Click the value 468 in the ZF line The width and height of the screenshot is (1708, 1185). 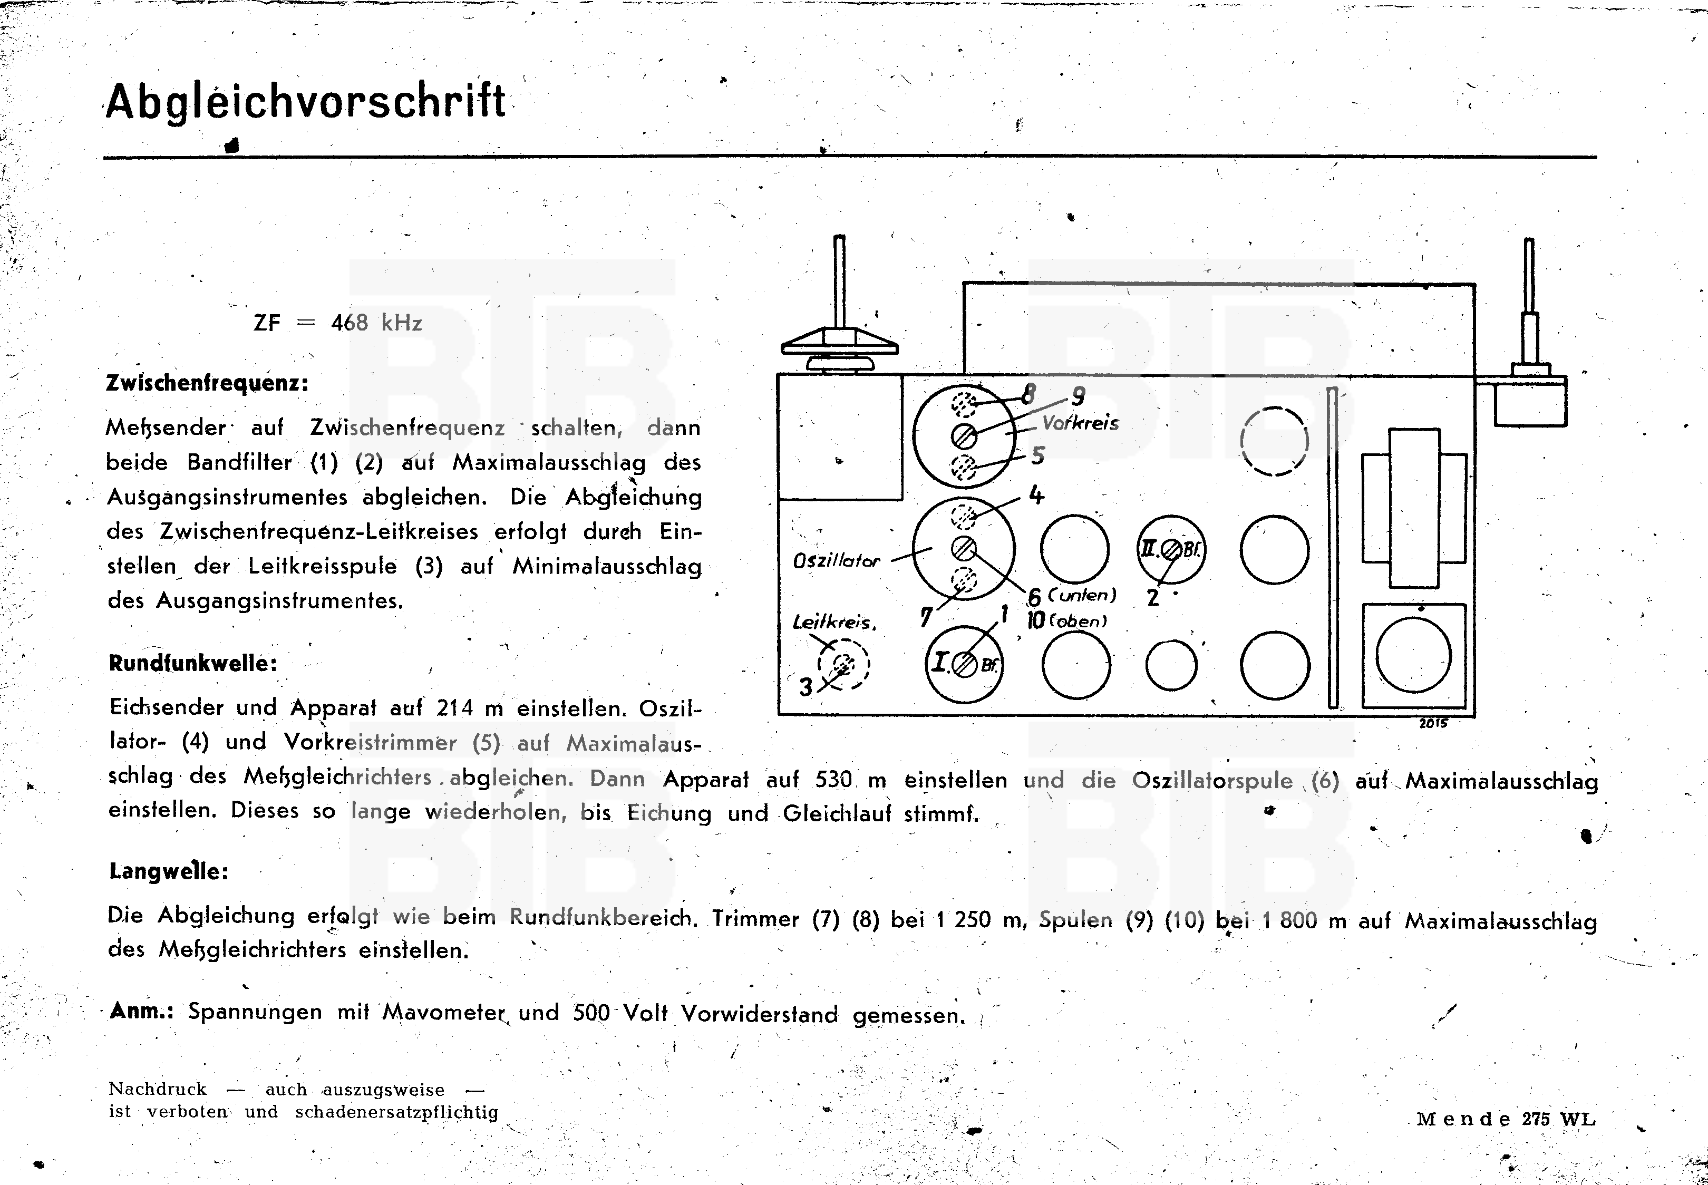tap(350, 323)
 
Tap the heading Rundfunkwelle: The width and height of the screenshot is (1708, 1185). tap(193, 663)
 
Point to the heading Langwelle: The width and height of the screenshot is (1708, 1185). tap(169, 870)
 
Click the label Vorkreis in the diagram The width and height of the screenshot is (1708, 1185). tap(1080, 423)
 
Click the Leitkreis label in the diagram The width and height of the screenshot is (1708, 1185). tap(833, 622)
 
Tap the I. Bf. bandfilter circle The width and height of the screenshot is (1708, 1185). tap(964, 664)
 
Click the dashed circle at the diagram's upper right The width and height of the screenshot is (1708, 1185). tap(1274, 441)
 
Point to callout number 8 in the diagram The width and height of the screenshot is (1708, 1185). tap(1028, 395)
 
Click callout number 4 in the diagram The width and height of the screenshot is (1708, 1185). tap(1036, 494)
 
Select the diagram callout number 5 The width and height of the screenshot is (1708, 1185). tap(1038, 455)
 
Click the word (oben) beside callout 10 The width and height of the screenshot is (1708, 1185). tap(1078, 621)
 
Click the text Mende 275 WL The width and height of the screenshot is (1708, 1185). tap(1506, 1120)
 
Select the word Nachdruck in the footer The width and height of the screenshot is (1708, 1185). tap(158, 1089)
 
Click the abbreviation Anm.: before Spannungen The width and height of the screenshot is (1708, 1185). tap(141, 1011)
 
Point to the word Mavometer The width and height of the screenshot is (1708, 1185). tap(444, 1013)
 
